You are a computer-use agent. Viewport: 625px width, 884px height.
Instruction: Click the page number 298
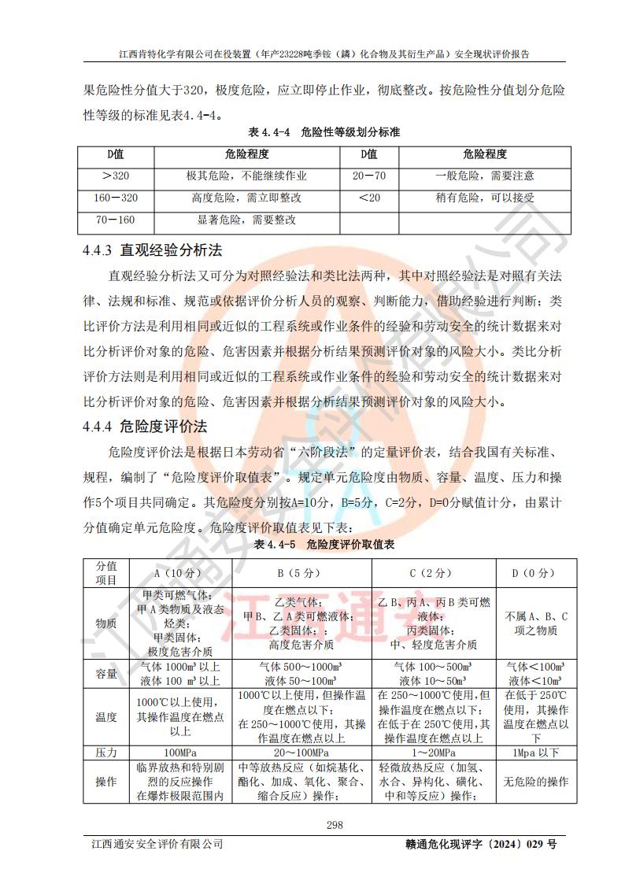click(x=312, y=824)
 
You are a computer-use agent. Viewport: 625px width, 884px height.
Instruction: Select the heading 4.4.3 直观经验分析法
click(x=153, y=251)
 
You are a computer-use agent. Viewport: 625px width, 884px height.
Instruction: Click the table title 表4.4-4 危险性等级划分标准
click(x=324, y=132)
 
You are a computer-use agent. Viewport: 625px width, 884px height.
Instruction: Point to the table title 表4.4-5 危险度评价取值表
click(x=324, y=544)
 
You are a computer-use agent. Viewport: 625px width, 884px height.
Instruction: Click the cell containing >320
click(x=116, y=176)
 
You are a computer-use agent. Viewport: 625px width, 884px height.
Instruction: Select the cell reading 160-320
click(x=116, y=198)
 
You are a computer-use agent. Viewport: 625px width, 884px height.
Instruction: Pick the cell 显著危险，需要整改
click(x=246, y=220)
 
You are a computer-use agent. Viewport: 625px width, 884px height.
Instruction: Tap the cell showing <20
click(x=369, y=198)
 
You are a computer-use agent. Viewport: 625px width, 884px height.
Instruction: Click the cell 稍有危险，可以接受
click(x=485, y=198)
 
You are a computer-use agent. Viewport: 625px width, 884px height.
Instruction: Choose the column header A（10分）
click(x=180, y=572)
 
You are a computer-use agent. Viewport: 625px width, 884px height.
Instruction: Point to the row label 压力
click(x=106, y=753)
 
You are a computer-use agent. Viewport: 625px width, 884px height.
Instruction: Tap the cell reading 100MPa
click(x=180, y=753)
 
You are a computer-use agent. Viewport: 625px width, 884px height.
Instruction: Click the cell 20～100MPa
click(x=301, y=753)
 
